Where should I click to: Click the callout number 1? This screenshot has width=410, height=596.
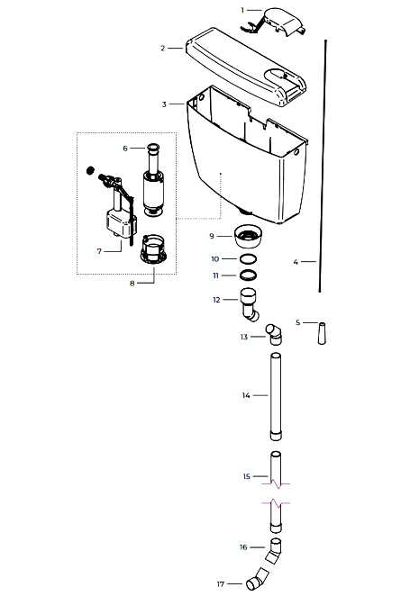coord(242,10)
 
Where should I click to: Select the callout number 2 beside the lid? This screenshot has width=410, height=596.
coord(163,49)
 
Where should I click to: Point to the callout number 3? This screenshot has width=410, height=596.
coord(164,104)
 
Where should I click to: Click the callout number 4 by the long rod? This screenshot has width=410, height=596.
coord(296,262)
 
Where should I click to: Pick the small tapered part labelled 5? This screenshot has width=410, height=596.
coord(322,333)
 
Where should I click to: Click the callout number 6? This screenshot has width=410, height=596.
coord(125,149)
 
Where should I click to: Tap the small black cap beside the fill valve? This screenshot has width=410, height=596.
coord(90,170)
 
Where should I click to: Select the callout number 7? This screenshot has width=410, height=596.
coord(99,251)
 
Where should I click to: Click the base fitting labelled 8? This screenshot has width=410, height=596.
coord(153,249)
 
